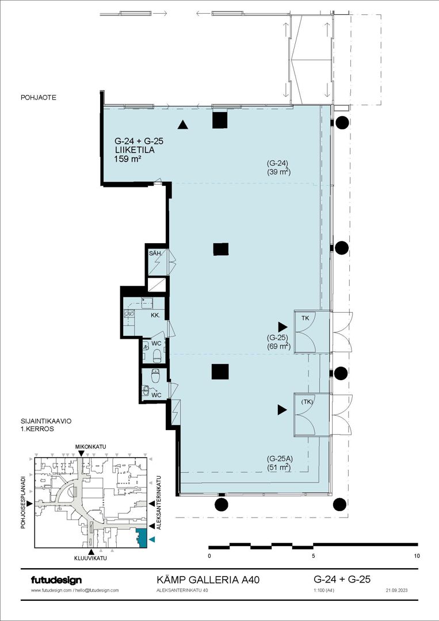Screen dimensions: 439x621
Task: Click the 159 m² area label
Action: (128, 159)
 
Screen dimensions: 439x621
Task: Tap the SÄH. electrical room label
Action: (154, 253)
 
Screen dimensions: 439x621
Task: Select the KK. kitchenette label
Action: (155, 316)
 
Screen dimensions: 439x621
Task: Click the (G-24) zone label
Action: (277, 163)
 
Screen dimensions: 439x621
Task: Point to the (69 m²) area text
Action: (279, 347)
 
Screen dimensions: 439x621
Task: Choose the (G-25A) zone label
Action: (279, 459)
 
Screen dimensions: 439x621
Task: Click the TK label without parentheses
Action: (305, 318)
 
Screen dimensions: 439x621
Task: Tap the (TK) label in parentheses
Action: (307, 401)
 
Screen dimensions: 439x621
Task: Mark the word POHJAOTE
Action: (39, 97)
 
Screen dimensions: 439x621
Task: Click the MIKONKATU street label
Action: (91, 447)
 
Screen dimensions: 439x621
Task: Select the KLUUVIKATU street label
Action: (91, 558)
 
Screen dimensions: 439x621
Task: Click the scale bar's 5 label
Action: (314, 555)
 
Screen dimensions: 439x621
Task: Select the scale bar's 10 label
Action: (417, 555)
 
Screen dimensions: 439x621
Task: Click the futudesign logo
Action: (56, 580)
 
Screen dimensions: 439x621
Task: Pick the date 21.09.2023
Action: (396, 590)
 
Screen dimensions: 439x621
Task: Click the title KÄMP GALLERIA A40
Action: (208, 580)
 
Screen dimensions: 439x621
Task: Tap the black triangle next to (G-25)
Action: (283, 327)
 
